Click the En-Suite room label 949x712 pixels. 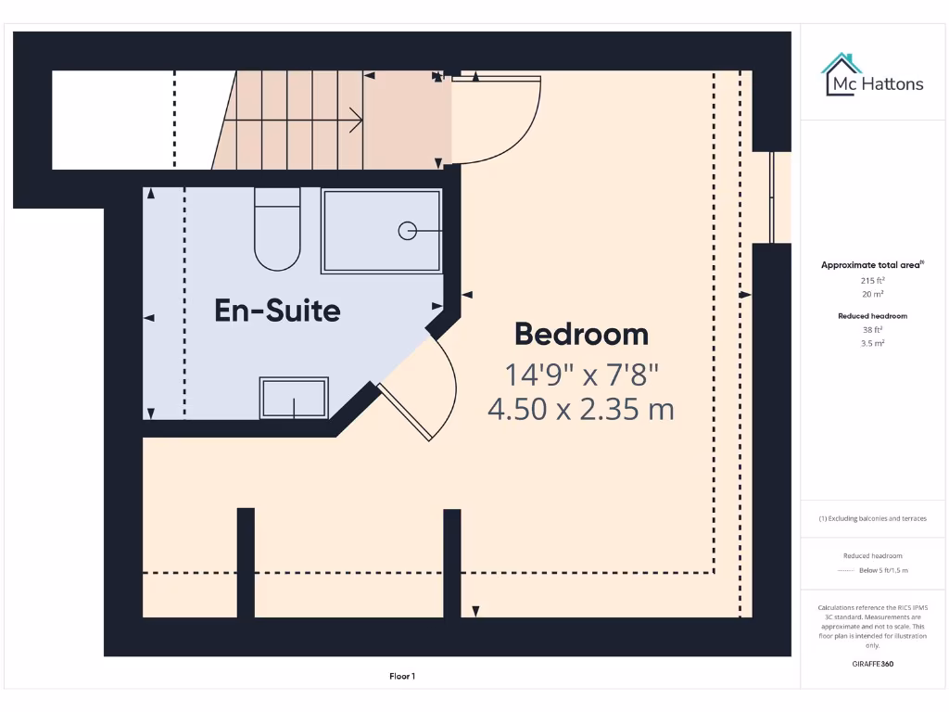277,310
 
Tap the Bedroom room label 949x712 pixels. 581,333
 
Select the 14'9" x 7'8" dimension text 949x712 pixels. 581,375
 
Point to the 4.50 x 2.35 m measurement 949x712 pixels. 581,408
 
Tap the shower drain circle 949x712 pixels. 407,231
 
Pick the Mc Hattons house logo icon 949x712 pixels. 841,74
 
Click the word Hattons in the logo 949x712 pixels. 892,84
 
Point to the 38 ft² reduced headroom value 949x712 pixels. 872,329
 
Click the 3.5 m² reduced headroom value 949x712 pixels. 872,343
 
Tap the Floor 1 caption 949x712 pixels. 402,677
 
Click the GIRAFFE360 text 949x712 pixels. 872,664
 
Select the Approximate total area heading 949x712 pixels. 871,265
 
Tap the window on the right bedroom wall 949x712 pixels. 772,197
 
